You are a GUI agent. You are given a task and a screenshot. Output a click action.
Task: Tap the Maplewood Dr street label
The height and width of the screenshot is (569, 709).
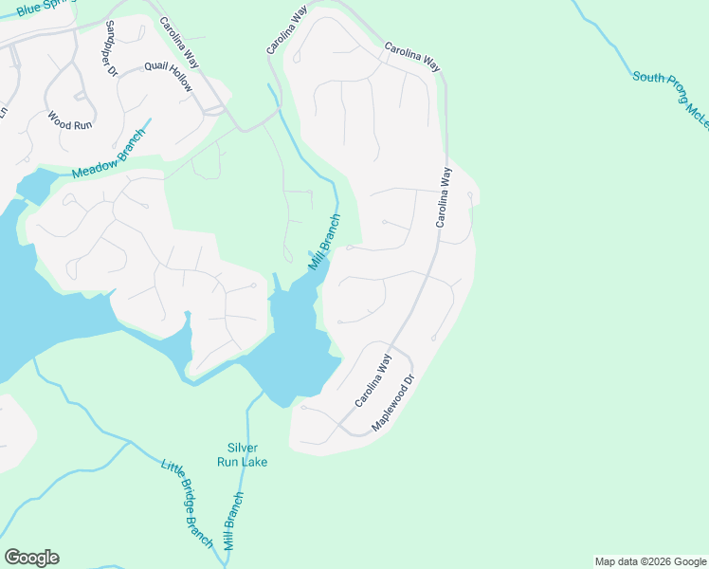point(394,403)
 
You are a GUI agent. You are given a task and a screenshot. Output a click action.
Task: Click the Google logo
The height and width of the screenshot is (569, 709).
point(31,558)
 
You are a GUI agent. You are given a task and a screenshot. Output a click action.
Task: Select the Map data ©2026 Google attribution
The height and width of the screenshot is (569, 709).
point(650,561)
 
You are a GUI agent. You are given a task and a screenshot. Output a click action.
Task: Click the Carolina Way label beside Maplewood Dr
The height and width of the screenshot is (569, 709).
point(373,381)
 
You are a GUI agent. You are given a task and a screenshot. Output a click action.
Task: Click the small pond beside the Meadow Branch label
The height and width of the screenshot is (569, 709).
point(35,184)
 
